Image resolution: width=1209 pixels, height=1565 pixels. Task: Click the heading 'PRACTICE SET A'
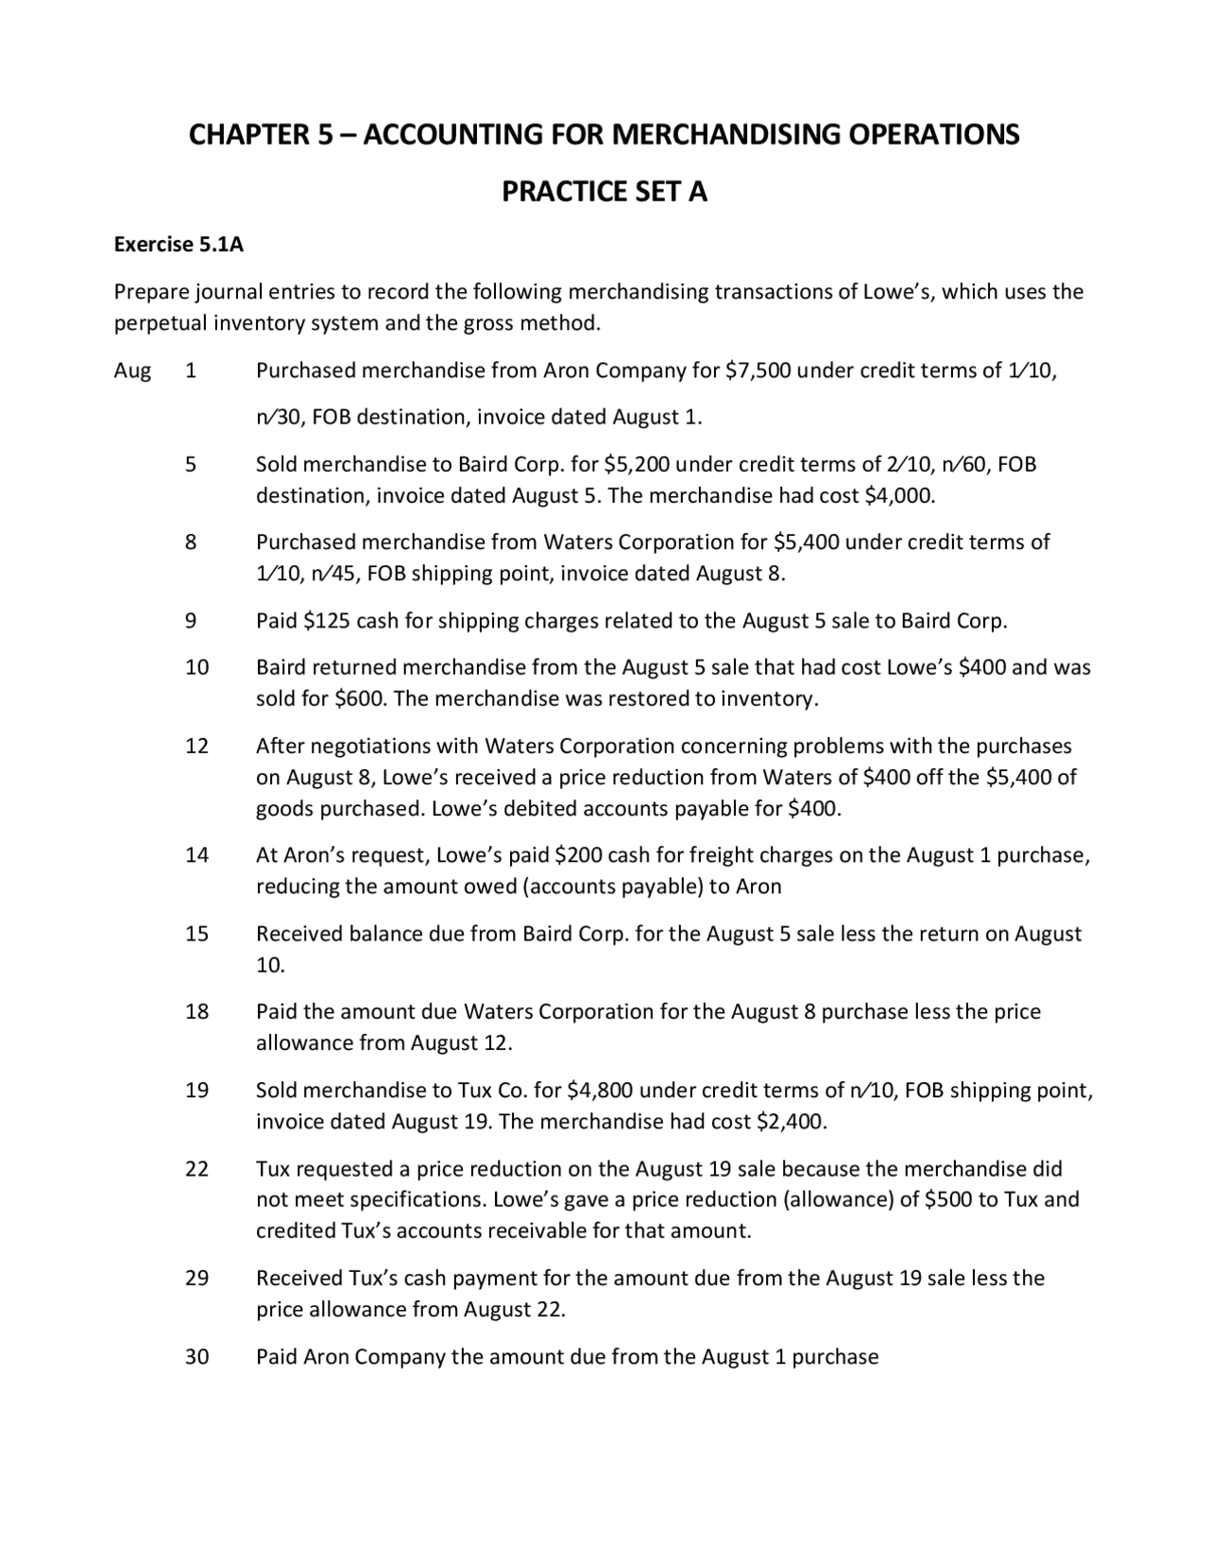click(604, 192)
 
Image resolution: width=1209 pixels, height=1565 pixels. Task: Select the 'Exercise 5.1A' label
click(179, 245)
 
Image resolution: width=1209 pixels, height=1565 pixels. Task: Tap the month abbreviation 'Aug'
click(132, 370)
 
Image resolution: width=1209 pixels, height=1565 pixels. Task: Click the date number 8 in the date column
click(191, 542)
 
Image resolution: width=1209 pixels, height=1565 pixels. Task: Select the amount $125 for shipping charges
click(327, 621)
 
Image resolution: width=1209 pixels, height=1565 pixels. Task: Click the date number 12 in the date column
click(196, 746)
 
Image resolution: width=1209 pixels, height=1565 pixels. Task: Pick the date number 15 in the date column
click(196, 934)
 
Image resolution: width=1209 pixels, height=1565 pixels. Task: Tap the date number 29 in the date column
click(196, 1279)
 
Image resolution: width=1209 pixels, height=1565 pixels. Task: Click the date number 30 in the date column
click(196, 1357)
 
